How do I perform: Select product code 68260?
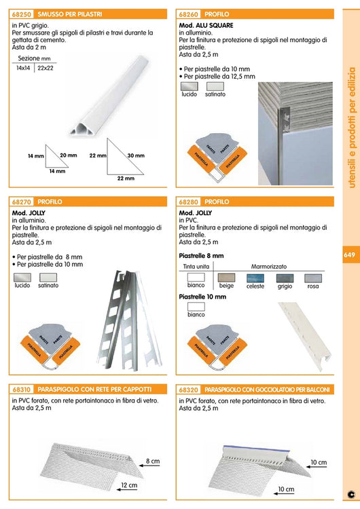click(190, 14)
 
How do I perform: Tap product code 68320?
click(190, 390)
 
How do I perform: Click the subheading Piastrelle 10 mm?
click(202, 297)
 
